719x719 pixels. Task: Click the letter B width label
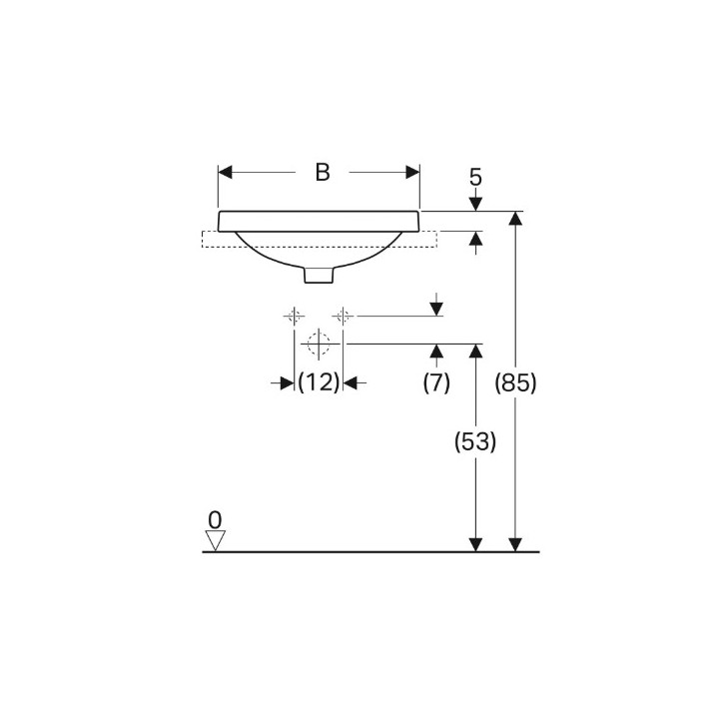tap(322, 172)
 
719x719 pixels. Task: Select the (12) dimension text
tap(320, 381)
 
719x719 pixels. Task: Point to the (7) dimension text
tap(436, 381)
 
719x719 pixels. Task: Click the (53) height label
tap(475, 441)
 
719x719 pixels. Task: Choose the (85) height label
tap(515, 381)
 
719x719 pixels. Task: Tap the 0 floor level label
tap(215, 519)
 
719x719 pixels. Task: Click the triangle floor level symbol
tap(215, 540)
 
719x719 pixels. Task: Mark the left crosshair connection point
tap(294, 316)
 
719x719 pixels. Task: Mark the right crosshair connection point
tap(343, 316)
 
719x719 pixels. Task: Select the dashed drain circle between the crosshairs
tap(319, 344)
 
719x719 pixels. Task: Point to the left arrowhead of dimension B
tap(226, 172)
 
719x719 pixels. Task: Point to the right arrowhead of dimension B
tap(411, 172)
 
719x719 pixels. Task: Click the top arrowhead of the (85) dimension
tap(515, 219)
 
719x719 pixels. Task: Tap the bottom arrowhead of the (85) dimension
tap(515, 544)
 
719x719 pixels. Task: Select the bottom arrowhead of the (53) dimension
tap(475, 544)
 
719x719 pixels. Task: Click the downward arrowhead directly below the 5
tap(475, 204)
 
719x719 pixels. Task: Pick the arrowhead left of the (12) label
tap(288, 381)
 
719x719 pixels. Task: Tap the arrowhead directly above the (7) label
tap(436, 351)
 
